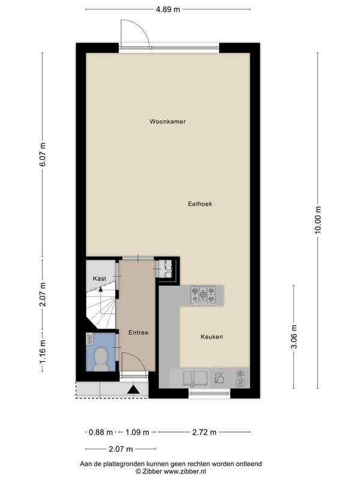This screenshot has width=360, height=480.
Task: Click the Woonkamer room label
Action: [x=167, y=122]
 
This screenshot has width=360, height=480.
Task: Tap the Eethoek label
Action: [x=200, y=204]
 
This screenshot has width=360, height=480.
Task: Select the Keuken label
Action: [x=212, y=337]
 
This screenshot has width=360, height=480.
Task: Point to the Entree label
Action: [x=139, y=332]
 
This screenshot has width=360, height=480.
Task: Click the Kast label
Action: [x=100, y=278]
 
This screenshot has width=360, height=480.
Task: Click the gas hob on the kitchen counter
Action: [x=203, y=295]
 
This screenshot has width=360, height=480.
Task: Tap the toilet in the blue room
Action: [x=100, y=358]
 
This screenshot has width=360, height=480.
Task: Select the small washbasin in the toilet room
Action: [x=89, y=339]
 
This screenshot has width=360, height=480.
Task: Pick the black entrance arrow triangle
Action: [x=133, y=389]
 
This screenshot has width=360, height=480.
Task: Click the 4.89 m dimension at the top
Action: [x=168, y=9]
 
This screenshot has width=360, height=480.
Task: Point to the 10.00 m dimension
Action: [x=318, y=220]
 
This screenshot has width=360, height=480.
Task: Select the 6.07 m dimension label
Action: [x=43, y=154]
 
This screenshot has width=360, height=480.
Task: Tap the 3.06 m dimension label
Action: [x=294, y=337]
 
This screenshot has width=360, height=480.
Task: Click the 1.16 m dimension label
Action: [x=43, y=352]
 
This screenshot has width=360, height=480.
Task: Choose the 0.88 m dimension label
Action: [x=101, y=432]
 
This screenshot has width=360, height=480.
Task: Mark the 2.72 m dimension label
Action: [x=204, y=432]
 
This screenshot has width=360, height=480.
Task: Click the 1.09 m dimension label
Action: [x=137, y=432]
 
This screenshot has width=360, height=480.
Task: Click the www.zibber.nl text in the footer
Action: [x=185, y=472]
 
